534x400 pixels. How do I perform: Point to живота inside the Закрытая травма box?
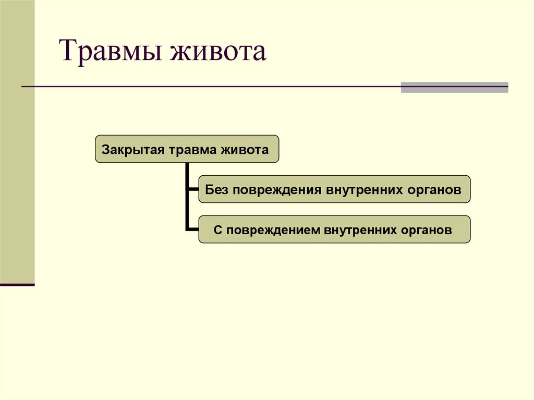pyautogui.click(x=245, y=150)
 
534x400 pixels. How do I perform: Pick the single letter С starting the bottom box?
pyautogui.click(x=217, y=230)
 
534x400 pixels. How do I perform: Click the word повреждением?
pyautogui.click(x=271, y=230)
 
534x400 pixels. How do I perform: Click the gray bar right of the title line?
pyautogui.click(x=454, y=87)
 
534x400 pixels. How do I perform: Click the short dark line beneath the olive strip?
pyautogui.click(x=17, y=285)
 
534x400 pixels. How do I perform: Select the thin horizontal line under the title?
pyautogui.click(x=209, y=86)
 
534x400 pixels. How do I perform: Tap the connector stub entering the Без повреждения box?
pyautogui.click(x=193, y=189)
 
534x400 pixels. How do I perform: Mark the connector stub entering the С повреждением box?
pyautogui.click(x=192, y=229)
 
